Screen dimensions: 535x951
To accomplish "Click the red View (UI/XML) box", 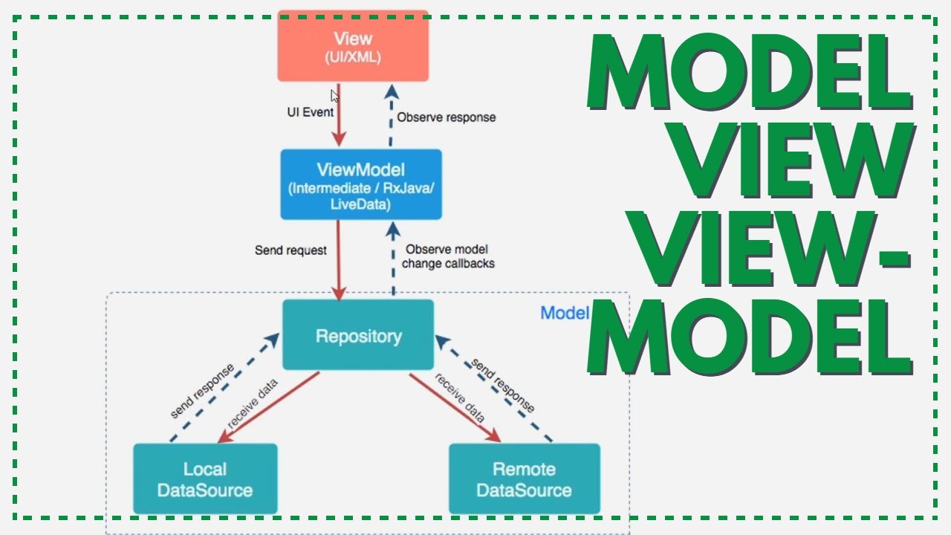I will [x=353, y=46].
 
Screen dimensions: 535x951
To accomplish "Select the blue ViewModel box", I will [x=361, y=184].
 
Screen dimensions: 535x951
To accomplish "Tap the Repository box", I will [x=358, y=336].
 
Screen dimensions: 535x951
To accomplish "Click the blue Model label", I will [x=565, y=313].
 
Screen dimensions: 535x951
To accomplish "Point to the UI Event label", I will [x=311, y=112].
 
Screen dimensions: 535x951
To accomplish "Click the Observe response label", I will [x=446, y=117].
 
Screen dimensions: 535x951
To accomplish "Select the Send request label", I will [x=291, y=250].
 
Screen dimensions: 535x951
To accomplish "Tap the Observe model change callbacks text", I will [x=448, y=256].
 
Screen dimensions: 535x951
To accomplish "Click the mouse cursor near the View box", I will [x=335, y=96].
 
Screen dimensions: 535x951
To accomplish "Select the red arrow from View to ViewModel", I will [x=340, y=119].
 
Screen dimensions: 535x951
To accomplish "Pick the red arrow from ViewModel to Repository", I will [x=340, y=260].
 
